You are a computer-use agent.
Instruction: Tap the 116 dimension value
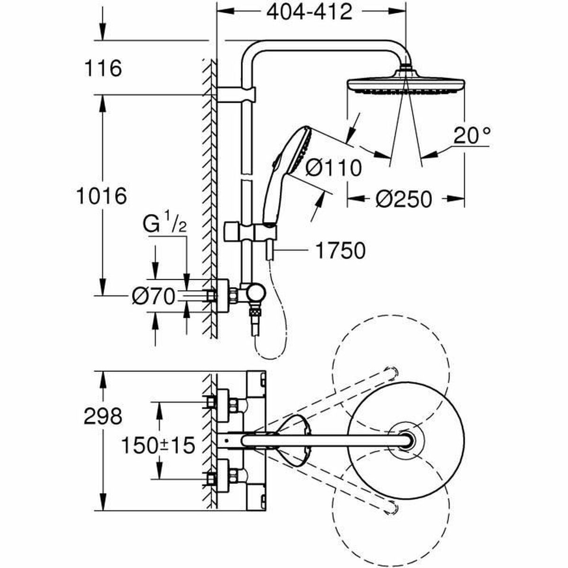pos(103,69)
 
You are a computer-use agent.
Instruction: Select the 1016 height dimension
pos(102,195)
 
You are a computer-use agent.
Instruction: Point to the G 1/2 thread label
pos(165,225)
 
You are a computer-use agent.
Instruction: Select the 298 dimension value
pos(103,417)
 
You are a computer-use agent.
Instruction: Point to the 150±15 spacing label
pos(159,445)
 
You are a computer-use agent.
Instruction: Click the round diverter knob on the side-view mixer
pos(255,294)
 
